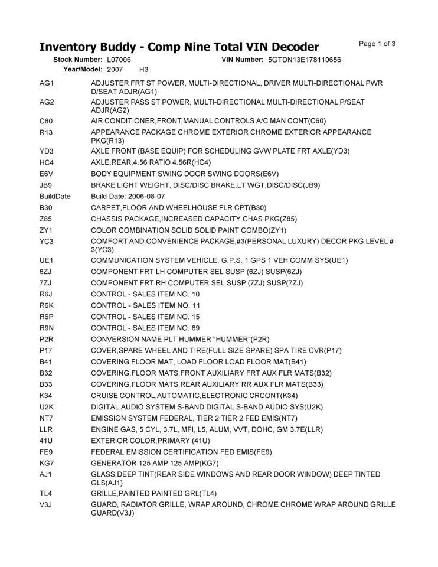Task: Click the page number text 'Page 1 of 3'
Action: [377, 44]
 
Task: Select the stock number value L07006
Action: [119, 60]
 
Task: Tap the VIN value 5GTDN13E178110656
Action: [304, 60]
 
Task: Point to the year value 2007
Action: [115, 70]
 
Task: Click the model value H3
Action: [143, 70]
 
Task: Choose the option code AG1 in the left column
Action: [47, 84]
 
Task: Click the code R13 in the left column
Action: [47, 132]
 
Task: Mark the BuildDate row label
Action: [55, 196]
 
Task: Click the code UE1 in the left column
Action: [47, 260]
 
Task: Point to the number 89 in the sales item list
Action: [195, 328]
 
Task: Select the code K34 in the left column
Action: [47, 396]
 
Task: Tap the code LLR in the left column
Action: [47, 429]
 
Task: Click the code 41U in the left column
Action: [47, 441]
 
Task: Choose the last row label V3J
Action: [47, 504]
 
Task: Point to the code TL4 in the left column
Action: [47, 493]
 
